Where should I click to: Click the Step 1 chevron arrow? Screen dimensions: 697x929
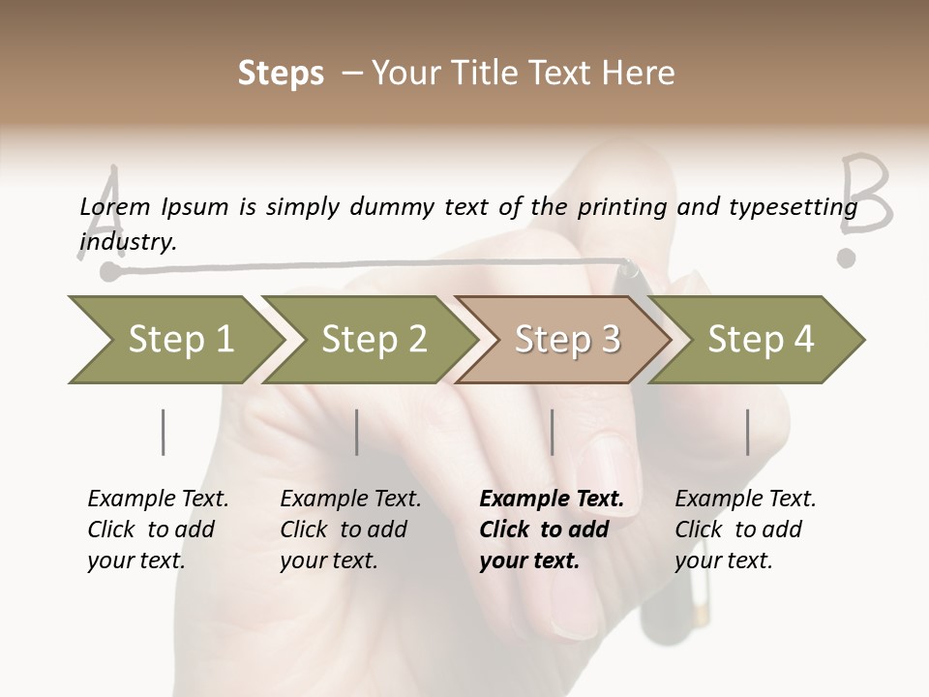pyautogui.click(x=174, y=340)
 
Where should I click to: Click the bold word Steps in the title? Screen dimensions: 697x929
pyautogui.click(x=281, y=74)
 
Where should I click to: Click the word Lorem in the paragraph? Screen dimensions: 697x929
pyautogui.click(x=114, y=206)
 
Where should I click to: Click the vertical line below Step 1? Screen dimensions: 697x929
pyautogui.click(x=163, y=432)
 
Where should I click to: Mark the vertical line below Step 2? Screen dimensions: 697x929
pyautogui.click(x=357, y=432)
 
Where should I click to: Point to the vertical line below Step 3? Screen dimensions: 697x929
pyautogui.click(x=553, y=432)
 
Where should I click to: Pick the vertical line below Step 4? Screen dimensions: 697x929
pyautogui.click(x=748, y=432)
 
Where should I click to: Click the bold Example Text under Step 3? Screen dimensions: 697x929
pyautogui.click(x=552, y=499)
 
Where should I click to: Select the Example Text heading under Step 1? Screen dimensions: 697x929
pyautogui.click(x=158, y=499)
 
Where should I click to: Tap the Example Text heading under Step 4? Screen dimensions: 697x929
pyautogui.click(x=745, y=499)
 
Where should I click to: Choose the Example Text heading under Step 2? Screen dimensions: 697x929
pyautogui.click(x=350, y=499)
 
